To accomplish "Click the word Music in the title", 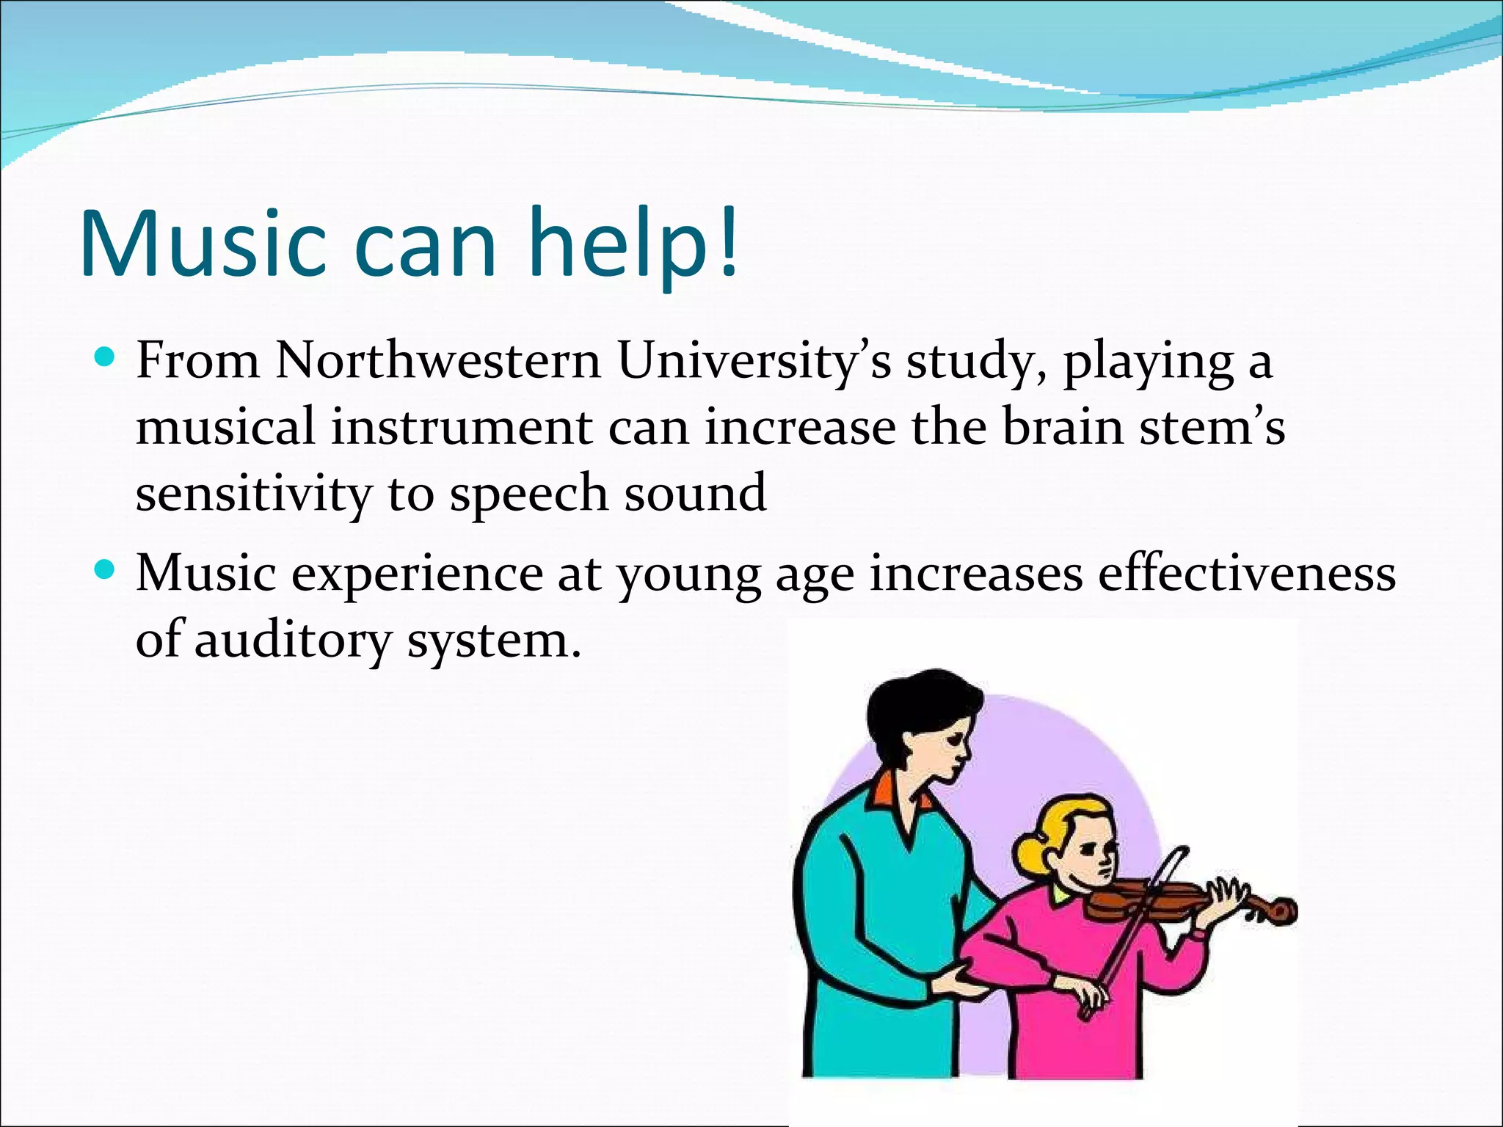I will pos(203,244).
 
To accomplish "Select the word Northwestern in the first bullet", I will pos(438,361).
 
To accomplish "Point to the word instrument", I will pos(461,427).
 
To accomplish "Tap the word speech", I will pos(528,493).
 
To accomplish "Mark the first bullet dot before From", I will pos(106,360).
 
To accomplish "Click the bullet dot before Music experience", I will pos(106,569).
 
